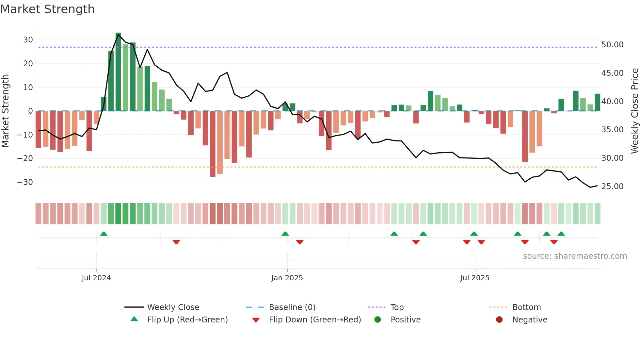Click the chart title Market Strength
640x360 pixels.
(47, 9)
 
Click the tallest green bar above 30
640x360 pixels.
(118, 72)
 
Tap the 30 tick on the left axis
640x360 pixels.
(28, 40)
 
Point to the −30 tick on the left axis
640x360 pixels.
(25, 182)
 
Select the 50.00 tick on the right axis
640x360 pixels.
(612, 45)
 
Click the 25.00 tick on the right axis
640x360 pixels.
(612, 187)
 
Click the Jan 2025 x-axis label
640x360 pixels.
(287, 278)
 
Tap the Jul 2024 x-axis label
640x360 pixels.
(96, 278)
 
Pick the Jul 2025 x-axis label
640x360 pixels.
(475, 278)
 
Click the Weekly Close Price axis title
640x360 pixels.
(634, 111)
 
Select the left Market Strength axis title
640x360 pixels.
(5, 111)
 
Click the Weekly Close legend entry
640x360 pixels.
(173, 307)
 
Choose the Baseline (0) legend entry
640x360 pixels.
(292, 307)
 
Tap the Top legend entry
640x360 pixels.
(397, 307)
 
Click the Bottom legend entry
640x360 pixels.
(526, 307)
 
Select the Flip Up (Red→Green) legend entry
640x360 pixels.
(187, 320)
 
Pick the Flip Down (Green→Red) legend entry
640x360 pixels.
(315, 320)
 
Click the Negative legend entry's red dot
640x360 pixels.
(499, 319)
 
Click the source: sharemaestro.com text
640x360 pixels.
(575, 256)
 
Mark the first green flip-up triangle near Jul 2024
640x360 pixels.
(104, 234)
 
